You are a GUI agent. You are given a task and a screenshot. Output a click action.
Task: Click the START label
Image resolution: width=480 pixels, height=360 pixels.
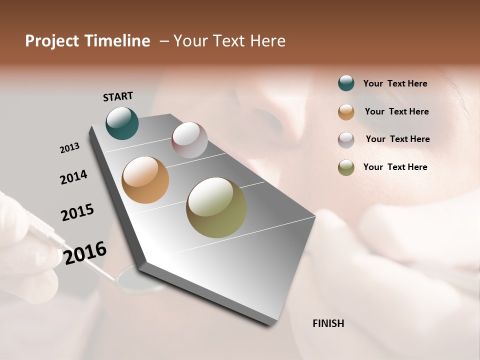point(118,96)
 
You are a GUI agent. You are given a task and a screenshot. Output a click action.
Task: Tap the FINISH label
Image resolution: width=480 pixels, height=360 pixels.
point(328,323)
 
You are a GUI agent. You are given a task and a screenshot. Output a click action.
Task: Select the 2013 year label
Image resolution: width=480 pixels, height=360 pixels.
point(69,148)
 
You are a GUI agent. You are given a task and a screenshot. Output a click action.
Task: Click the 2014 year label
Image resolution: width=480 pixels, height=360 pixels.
point(73,177)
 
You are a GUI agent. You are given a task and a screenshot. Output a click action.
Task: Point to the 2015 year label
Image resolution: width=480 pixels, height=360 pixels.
point(77,212)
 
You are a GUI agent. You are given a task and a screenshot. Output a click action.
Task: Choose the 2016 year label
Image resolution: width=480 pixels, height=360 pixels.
point(85,253)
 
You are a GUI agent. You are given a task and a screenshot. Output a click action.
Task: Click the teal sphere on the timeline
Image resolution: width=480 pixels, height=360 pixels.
point(122,123)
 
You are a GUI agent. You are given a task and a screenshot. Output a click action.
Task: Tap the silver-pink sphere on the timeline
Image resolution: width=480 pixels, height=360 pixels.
point(189,139)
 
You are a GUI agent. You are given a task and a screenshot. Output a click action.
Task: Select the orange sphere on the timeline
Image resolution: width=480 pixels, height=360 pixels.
point(145,180)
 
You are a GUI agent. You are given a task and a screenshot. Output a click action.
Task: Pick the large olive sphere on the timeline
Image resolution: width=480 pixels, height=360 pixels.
point(216,207)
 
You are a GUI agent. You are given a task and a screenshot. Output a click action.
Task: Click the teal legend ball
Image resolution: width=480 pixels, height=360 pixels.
point(346,83)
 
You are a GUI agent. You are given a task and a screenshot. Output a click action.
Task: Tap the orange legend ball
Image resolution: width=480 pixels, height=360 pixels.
point(346,112)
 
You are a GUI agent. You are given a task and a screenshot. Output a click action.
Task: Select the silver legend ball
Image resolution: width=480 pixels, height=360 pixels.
point(346,140)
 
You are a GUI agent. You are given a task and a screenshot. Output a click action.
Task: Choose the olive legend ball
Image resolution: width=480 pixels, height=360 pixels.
point(346,167)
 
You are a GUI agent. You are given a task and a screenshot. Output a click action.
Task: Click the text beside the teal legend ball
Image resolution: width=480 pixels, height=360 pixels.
point(395,84)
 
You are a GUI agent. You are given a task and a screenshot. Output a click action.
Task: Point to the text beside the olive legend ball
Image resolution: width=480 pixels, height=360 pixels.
point(395,167)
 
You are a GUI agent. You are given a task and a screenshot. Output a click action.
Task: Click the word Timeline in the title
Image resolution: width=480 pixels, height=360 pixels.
point(118,41)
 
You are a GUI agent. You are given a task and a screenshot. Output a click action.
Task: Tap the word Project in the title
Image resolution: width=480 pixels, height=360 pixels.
point(52,41)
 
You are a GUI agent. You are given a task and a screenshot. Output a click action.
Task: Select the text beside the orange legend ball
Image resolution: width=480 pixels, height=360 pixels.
point(396,111)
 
